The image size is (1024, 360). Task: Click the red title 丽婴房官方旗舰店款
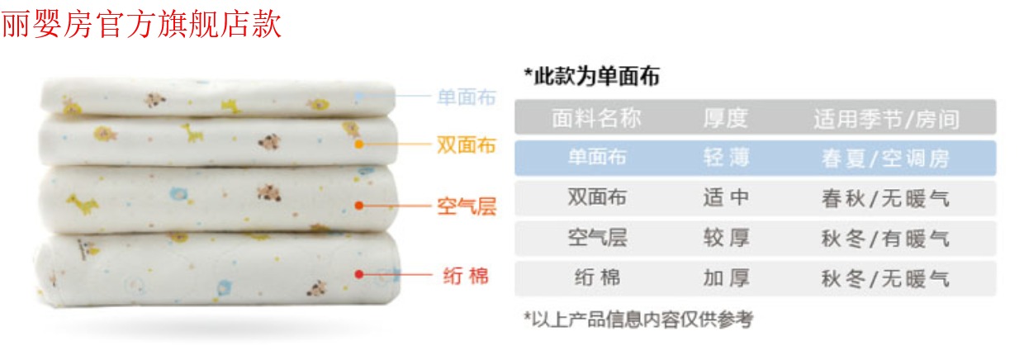141,25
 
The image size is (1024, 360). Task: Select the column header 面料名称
596,118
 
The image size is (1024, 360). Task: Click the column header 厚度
726,118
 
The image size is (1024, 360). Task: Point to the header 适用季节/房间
886,119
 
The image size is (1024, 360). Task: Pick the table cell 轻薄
726,157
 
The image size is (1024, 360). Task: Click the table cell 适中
726,197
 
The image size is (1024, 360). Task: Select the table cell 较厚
726,238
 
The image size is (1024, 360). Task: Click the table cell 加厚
726,278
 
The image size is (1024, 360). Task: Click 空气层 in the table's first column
596,238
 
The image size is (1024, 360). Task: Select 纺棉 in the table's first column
596,278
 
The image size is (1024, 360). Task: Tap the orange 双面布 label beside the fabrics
467,145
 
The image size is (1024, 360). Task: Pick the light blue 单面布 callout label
467,97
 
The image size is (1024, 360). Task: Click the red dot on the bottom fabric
358,273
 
